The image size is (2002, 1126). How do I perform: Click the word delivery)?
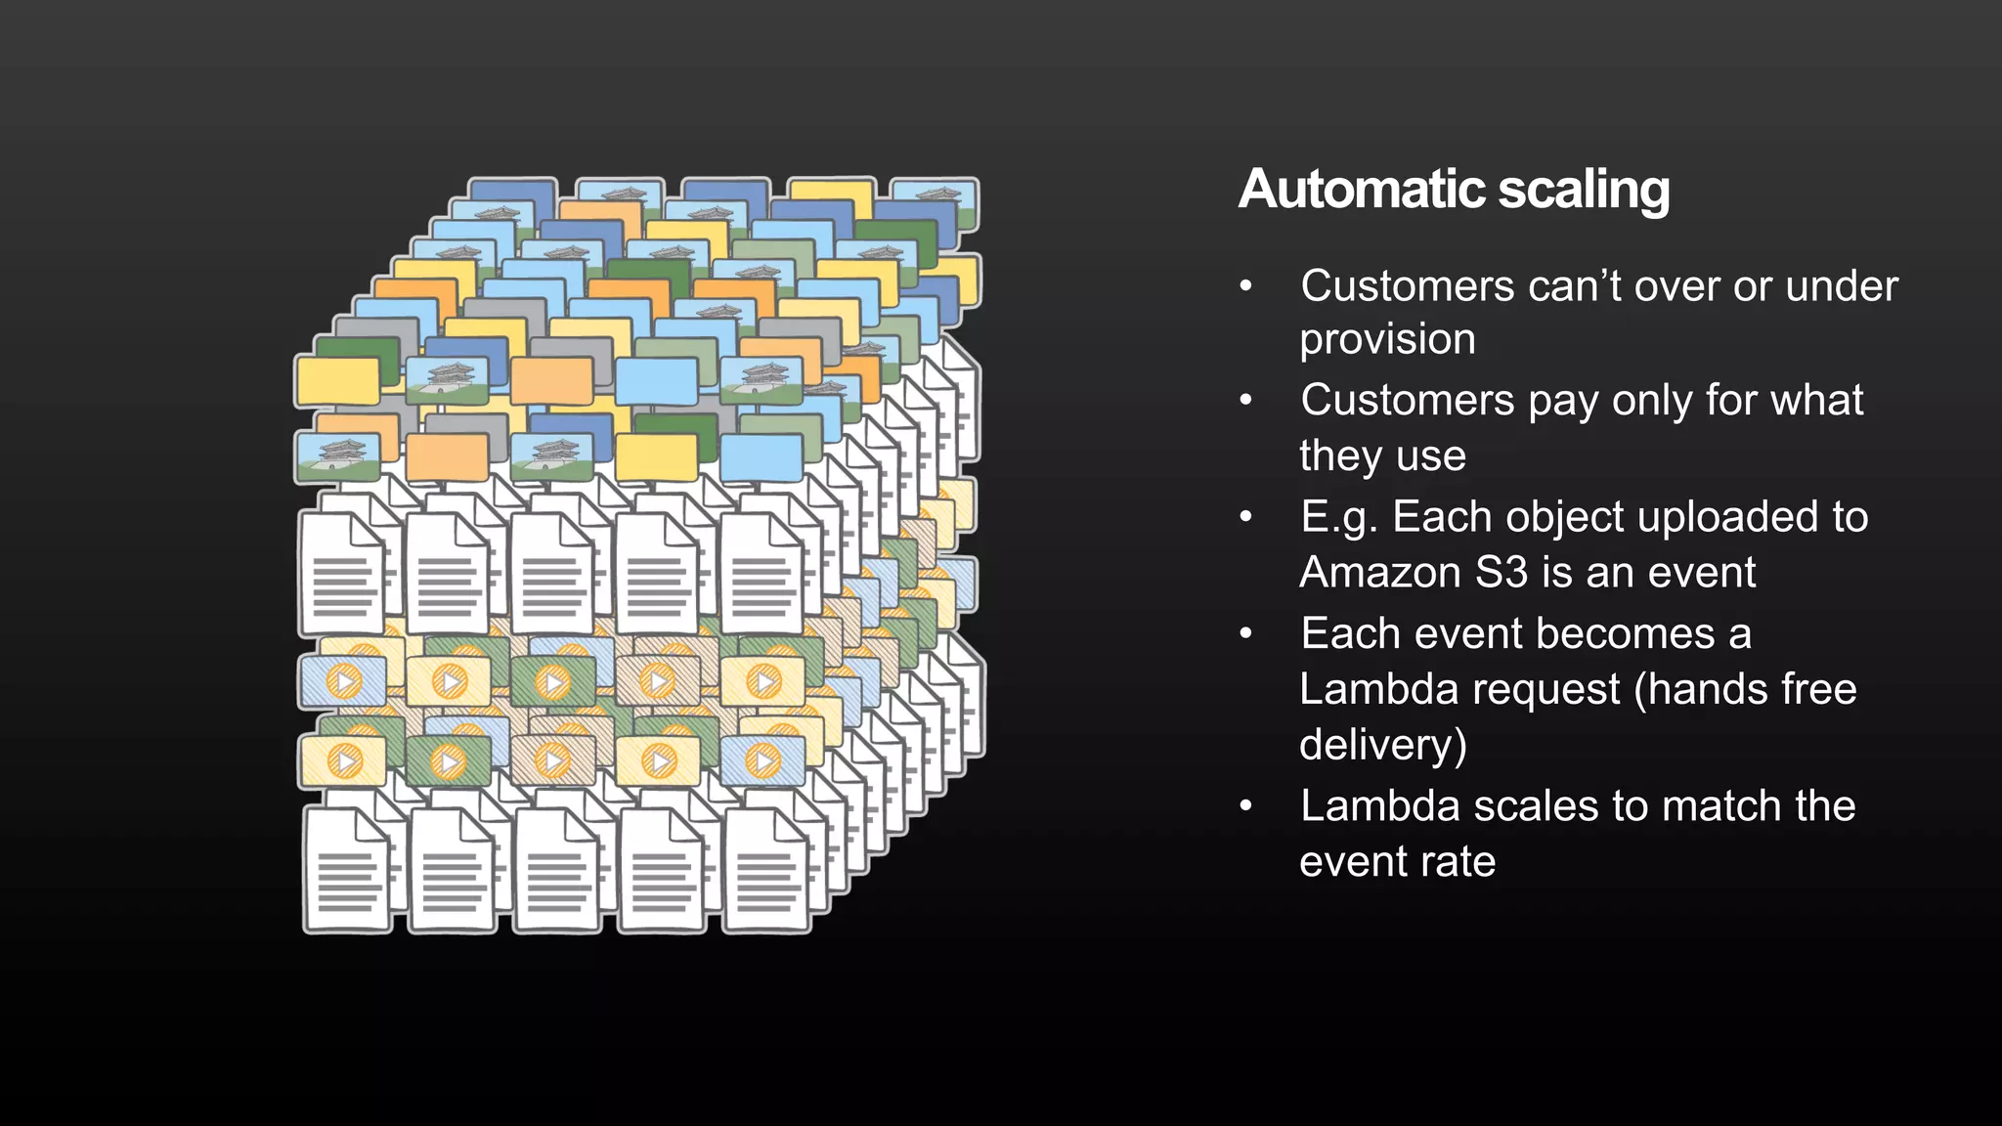click(1383, 746)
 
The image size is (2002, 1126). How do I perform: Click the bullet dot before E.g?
click(1245, 517)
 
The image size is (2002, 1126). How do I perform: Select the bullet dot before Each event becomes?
click(1245, 634)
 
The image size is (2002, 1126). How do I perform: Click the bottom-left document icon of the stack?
click(347, 869)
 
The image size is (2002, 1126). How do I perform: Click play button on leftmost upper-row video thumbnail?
click(344, 681)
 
